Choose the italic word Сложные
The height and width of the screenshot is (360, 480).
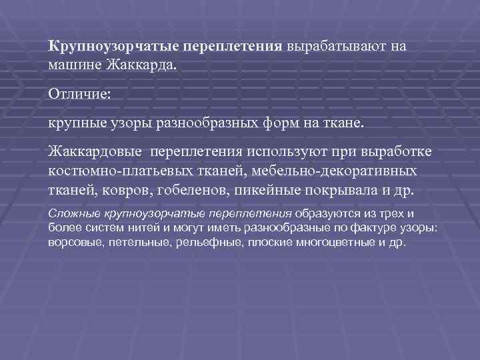click(74, 215)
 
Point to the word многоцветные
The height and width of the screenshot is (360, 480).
click(331, 243)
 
